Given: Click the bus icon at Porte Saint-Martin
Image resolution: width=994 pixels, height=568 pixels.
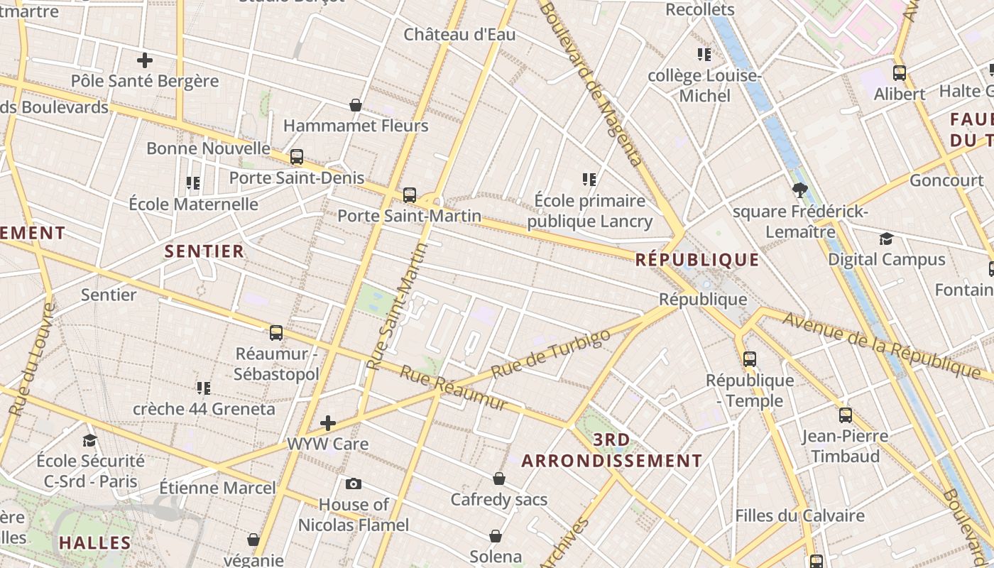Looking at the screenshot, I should coord(409,195).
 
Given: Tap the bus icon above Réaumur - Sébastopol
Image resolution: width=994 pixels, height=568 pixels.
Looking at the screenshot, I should coord(276,332).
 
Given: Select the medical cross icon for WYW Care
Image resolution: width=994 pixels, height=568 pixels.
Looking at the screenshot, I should coord(327,423).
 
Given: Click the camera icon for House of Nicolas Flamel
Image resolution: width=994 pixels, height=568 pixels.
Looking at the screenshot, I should coord(353,484).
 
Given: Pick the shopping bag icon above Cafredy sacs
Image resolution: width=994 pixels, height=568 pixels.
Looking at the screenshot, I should coord(499,479).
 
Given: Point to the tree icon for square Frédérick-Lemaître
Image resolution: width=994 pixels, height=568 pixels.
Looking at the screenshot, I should coord(800,190).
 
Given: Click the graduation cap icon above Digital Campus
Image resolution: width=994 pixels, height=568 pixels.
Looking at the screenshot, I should coord(886,239).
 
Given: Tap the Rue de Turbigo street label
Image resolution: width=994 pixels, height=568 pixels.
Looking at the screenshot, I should coord(550,353).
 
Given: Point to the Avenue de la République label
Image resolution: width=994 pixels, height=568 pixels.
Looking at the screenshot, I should coord(881,344).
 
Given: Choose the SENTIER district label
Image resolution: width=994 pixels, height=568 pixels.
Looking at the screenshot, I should coord(204,251).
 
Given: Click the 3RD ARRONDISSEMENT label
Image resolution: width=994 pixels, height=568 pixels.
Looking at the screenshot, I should coord(611,450).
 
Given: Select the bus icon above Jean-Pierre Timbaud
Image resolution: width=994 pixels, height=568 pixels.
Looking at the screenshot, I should coord(845,415).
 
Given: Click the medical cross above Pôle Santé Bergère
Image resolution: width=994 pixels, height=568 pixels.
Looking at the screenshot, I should coord(145,60).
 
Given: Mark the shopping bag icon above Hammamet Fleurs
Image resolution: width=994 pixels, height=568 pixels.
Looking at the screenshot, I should coord(356,105).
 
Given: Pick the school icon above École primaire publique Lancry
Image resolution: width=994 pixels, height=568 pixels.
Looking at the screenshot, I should coord(589,180).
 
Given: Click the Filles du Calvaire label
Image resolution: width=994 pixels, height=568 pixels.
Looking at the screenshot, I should coord(799,515).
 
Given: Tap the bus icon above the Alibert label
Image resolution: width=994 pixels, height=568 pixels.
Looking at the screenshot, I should coord(900,72).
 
